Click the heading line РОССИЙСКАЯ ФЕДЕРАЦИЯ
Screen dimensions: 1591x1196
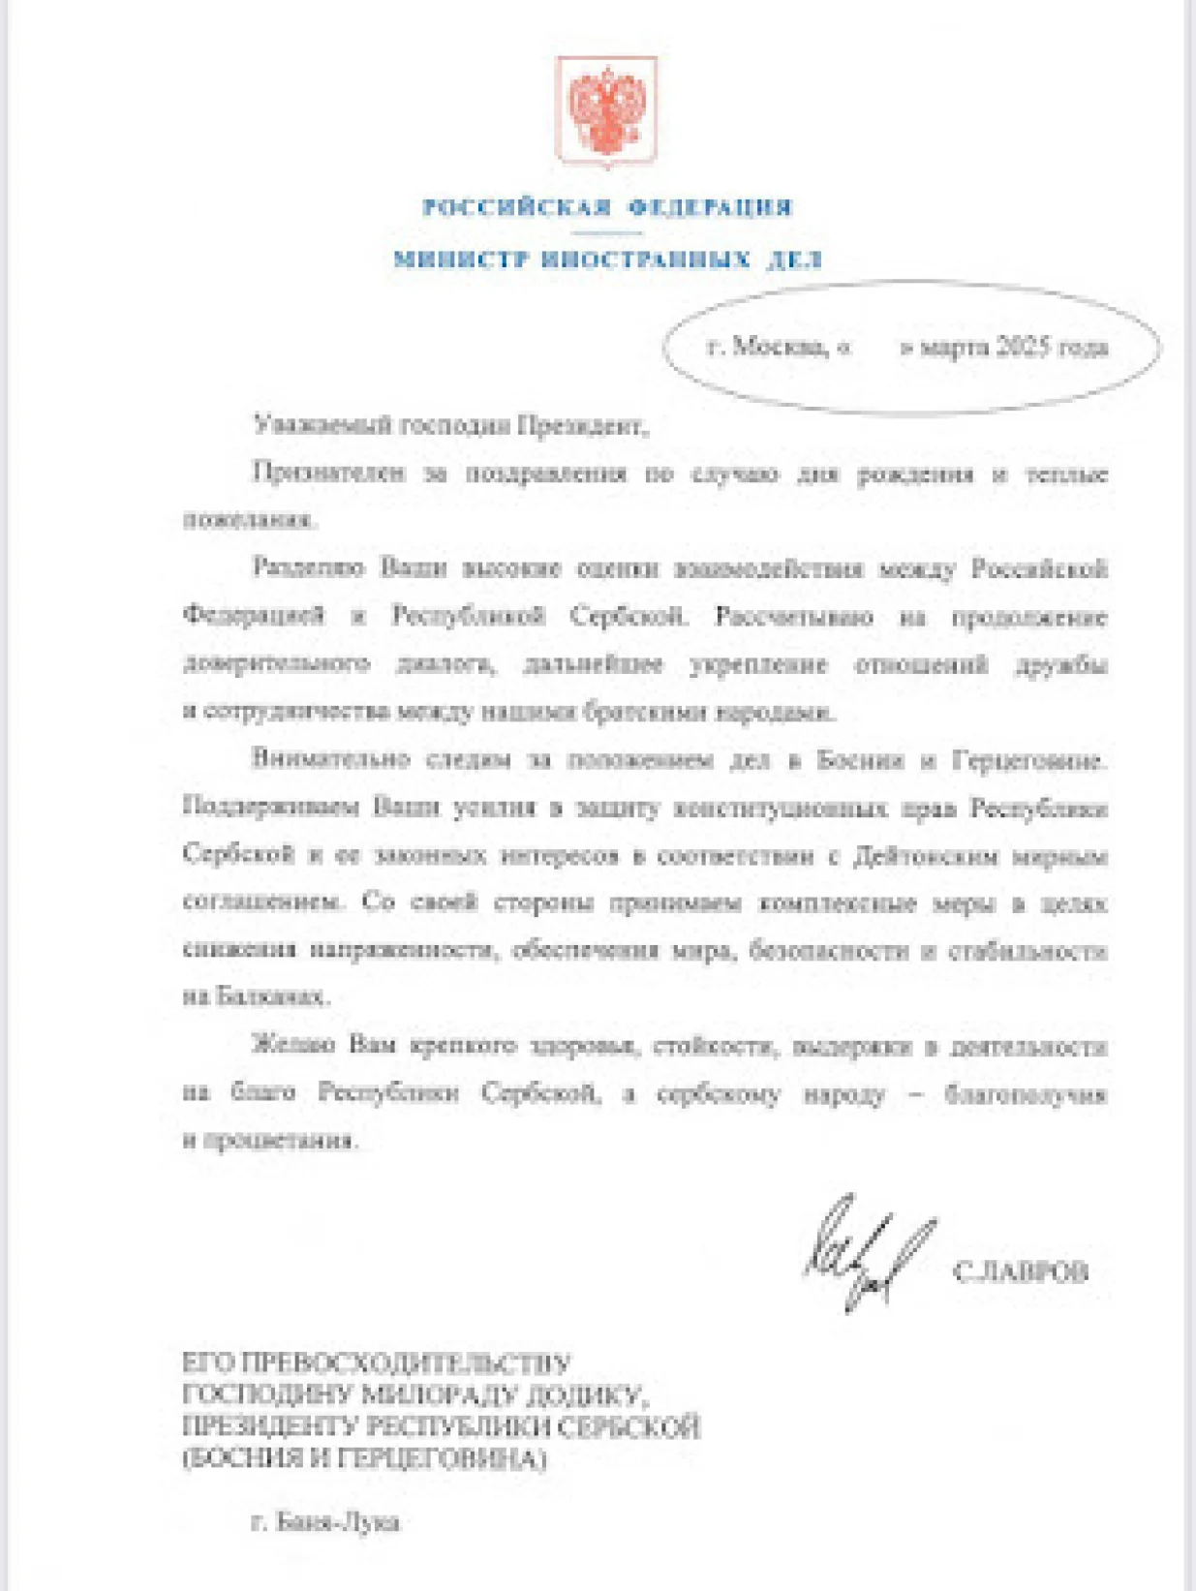607,207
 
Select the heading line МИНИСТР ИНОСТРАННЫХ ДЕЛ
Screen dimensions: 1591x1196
607,260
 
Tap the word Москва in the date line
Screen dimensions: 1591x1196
780,347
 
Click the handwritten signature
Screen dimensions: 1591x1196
867,1251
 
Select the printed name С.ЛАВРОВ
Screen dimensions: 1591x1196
1021,1271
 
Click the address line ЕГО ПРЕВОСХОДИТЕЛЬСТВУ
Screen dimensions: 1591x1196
377,1363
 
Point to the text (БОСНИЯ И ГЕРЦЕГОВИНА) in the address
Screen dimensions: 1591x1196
364,1458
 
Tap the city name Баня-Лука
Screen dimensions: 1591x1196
337,1522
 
